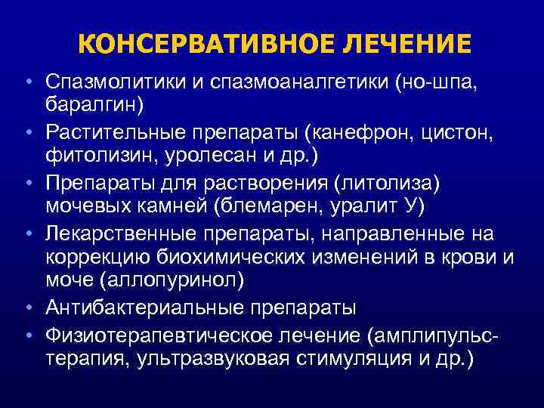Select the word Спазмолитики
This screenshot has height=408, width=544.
115,82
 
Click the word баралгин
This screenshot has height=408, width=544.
91,104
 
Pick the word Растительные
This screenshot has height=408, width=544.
115,132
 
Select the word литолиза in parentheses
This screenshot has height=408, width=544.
386,184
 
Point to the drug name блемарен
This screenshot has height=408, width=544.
270,206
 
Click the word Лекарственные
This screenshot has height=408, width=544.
121,233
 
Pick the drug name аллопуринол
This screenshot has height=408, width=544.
172,280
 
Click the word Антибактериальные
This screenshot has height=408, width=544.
144,308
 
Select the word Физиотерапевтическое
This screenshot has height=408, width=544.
159,336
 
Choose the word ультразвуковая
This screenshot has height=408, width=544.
212,359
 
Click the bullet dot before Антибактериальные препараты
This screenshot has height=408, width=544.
29,308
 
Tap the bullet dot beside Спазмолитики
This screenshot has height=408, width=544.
29,82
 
